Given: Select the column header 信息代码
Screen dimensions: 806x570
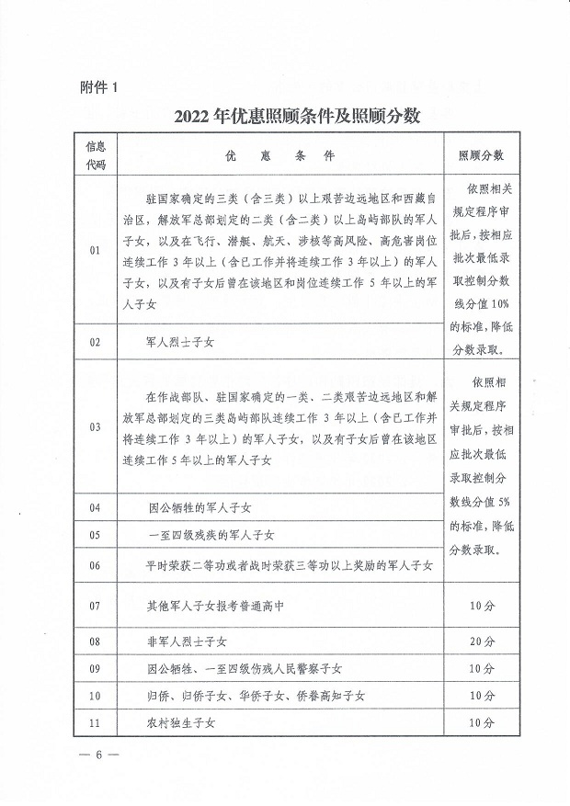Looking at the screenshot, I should [96, 155].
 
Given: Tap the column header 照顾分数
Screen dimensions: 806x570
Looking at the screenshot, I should [481, 156].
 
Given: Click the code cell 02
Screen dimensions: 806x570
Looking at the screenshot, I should [95, 341].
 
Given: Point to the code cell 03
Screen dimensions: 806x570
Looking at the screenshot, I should [95, 427].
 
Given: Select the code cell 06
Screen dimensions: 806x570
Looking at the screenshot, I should [95, 565].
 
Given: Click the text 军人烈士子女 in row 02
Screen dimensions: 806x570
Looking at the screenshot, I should [180, 341].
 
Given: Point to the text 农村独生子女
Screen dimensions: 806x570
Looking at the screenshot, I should [180, 723].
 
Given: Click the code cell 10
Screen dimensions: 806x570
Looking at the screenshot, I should [95, 696].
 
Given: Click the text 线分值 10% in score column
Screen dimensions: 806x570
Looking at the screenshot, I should [481, 304].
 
